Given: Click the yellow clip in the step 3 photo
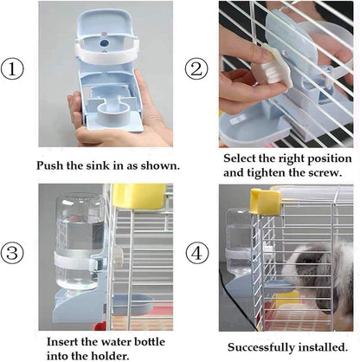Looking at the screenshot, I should (138, 196).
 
